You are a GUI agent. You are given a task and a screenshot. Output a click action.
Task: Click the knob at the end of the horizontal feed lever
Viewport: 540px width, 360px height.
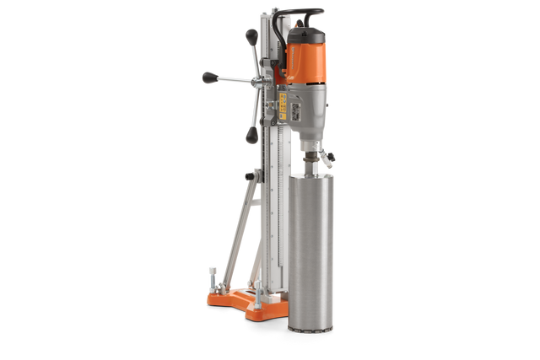click(208, 77)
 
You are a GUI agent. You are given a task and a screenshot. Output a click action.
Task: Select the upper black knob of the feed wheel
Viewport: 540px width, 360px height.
click(251, 35)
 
